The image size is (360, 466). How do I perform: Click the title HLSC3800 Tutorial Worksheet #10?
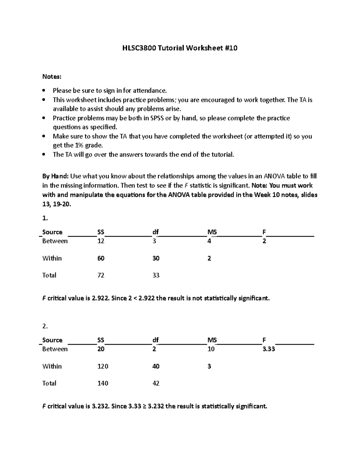point(180,48)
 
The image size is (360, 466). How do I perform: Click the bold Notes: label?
point(52,77)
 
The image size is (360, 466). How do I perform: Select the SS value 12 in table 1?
point(100,241)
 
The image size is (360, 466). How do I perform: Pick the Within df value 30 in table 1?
point(156,258)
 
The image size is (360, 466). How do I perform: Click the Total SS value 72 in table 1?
point(100,275)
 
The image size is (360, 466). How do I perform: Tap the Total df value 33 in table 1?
point(156,275)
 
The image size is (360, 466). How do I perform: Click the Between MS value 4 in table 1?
point(209,241)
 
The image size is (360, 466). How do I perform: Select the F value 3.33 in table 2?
point(268,349)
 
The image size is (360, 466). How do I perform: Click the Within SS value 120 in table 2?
point(103,366)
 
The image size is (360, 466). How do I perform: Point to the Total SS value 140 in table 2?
point(103,383)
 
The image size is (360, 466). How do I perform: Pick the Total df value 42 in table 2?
point(156,383)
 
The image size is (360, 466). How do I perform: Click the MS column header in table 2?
point(212,340)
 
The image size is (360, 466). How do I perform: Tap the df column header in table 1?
point(155,232)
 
